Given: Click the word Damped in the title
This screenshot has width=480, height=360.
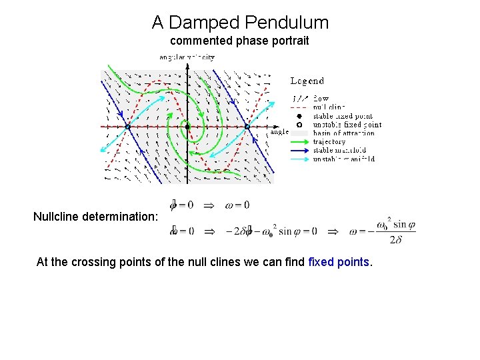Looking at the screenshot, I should coord(199,23).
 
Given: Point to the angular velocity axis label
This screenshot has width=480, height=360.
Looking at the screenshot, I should coord(187,57).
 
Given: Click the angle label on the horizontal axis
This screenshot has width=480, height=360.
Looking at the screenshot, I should coord(279,131).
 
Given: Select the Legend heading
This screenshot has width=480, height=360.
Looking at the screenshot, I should coord(307,81).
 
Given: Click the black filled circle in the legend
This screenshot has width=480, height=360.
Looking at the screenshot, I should coord(299,116).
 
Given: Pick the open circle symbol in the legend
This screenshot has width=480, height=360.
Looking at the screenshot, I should coord(299,125).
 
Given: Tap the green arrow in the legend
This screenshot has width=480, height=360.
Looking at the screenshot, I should coord(299,142).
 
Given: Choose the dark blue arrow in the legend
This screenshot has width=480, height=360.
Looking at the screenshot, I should coord(299,151).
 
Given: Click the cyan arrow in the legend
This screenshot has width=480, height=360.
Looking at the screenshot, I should coord(299,159).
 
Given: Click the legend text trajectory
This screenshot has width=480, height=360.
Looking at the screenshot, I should coord(329,142).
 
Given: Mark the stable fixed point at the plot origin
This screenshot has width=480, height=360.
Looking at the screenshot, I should coord(187,127).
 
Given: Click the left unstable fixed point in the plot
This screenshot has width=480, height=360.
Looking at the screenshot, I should coord(127,127).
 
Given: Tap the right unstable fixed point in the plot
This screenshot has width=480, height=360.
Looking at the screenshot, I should coord(247,127).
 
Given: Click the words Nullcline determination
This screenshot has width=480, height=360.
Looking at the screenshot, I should coord(96,217).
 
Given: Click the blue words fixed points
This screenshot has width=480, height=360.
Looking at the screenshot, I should coord(339,262).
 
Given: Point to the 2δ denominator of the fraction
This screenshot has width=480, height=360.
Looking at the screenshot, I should coord(395,239).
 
